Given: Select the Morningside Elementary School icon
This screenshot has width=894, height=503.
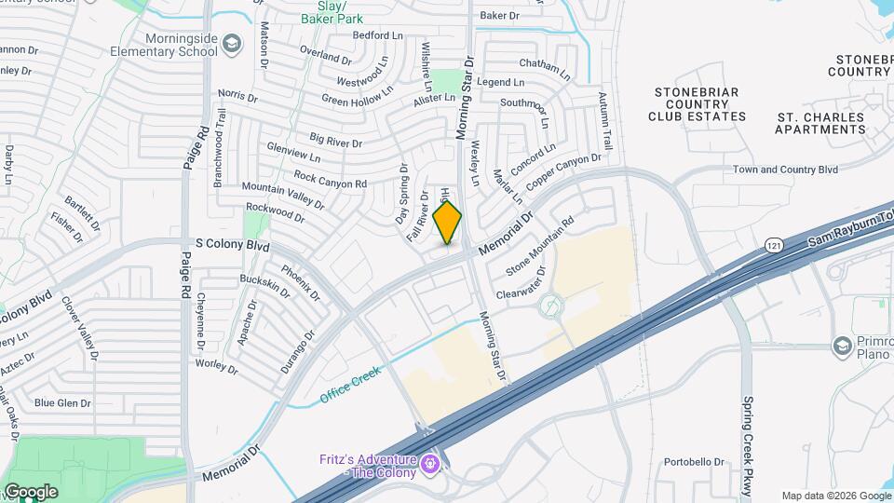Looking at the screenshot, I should [x=231, y=43].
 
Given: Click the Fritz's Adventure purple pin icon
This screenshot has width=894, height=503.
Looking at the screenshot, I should [x=429, y=462].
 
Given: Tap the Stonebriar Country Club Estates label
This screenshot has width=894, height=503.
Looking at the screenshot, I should [x=699, y=104].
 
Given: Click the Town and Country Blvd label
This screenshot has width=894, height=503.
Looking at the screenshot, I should [x=785, y=170].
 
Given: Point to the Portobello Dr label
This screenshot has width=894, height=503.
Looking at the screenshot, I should [x=694, y=462].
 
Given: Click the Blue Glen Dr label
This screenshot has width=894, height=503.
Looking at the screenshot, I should [x=62, y=403].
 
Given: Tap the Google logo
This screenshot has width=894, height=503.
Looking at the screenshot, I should [x=30, y=492].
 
